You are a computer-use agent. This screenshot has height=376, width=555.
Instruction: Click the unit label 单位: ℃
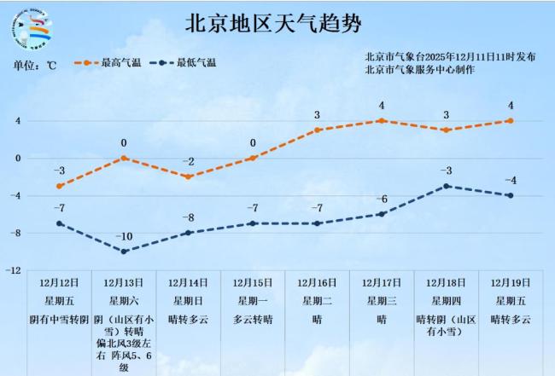click(35, 65)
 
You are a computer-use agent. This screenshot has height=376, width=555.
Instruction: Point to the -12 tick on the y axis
click(14, 270)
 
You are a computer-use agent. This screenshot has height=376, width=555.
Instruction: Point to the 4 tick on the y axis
click(16, 120)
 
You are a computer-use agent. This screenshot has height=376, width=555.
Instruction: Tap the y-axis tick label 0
click(16, 158)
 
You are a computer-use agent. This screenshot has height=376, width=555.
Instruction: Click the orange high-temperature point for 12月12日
click(59, 186)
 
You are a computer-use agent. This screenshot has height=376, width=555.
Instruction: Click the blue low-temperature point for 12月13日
click(124, 252)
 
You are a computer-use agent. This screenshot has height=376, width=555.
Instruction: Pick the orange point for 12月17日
click(382, 120)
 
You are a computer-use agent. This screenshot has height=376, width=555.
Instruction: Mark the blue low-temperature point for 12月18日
click(447, 186)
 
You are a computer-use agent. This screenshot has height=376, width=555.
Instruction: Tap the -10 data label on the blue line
click(124, 236)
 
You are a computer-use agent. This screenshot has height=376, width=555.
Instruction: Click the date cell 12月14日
click(188, 282)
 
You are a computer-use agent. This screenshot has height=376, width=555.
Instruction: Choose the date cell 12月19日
click(511, 282)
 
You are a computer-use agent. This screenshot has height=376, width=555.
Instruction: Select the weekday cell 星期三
click(382, 300)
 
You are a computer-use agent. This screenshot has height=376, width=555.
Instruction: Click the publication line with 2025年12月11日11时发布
click(450, 56)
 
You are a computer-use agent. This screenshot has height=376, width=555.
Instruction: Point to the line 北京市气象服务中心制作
click(420, 69)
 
